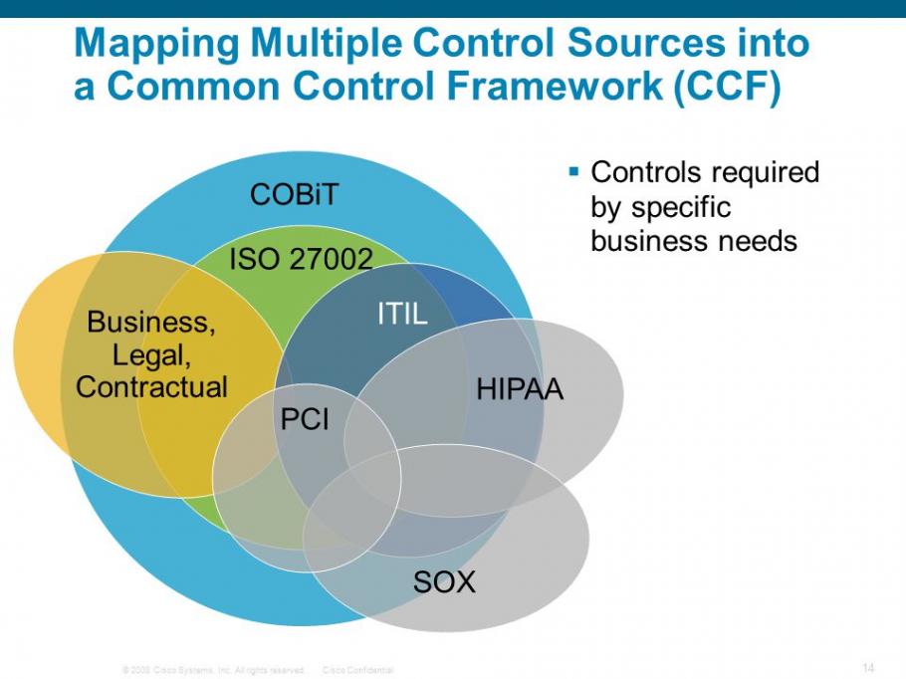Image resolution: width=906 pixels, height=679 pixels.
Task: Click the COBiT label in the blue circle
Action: tap(295, 194)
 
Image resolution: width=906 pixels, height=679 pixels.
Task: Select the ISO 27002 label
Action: tap(301, 260)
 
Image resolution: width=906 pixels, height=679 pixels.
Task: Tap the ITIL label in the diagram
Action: tap(401, 315)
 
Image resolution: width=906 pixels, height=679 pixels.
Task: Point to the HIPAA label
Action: tap(520, 389)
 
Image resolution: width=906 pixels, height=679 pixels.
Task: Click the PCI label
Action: tap(305, 420)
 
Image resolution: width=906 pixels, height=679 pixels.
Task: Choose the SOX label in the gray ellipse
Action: tap(444, 581)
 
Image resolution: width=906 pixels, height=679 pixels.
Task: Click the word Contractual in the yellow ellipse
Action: tap(152, 386)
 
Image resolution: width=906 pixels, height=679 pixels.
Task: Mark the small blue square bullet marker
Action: tap(573, 172)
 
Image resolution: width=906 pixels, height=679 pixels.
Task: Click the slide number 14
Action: tap(867, 666)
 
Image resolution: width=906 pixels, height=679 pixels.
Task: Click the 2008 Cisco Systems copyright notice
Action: tap(212, 670)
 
